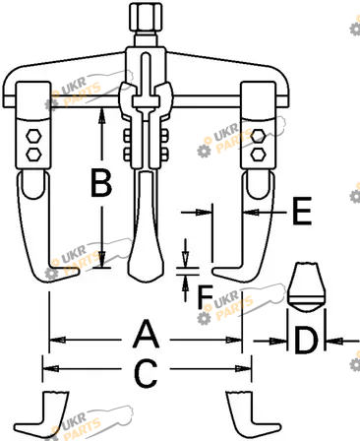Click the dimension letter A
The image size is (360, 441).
tap(147, 335)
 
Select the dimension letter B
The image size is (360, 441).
tap(101, 182)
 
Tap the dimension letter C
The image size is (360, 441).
tap(147, 373)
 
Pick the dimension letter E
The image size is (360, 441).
tap(302, 211)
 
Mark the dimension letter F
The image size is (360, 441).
tap(206, 296)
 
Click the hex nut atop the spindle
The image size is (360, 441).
tap(146, 17)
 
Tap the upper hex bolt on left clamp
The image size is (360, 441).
tap(33, 136)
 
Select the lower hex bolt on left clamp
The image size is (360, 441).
tap(33, 154)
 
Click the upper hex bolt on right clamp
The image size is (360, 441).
tap(258, 136)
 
